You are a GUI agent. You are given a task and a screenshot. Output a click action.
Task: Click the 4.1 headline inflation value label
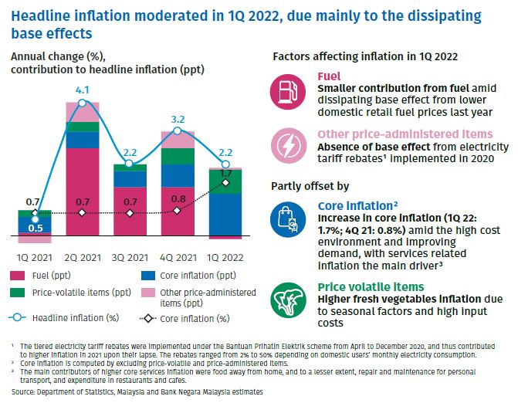click(x=83, y=90)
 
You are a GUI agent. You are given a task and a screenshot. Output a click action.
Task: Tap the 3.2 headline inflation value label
click(x=178, y=119)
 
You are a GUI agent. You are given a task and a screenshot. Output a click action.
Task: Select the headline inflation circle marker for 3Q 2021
click(x=129, y=164)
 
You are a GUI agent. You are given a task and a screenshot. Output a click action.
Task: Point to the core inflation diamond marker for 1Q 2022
click(x=225, y=183)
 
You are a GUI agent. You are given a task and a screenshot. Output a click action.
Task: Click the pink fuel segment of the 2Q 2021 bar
click(x=83, y=191)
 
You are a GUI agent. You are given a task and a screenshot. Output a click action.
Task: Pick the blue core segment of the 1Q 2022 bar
click(x=225, y=215)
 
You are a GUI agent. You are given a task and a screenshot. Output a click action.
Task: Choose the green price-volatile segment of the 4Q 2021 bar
click(x=178, y=156)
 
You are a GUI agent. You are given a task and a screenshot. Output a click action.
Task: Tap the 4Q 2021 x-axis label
click(x=178, y=258)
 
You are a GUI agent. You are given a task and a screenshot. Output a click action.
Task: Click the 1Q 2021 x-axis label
click(x=35, y=258)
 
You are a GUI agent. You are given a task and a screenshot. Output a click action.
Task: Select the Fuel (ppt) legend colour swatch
click(x=18, y=276)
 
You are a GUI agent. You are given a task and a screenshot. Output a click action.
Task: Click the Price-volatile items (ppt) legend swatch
click(x=18, y=293)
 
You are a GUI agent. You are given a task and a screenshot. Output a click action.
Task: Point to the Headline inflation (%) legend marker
click(x=17, y=318)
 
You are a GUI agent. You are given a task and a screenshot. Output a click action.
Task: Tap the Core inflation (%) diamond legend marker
click(x=147, y=319)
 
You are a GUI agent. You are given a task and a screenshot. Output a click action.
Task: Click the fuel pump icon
click(x=288, y=92)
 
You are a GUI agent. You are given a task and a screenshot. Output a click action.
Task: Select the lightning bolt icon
click(x=289, y=146)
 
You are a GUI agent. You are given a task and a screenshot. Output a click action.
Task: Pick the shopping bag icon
click(x=288, y=220)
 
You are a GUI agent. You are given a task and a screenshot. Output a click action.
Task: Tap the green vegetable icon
click(x=289, y=300)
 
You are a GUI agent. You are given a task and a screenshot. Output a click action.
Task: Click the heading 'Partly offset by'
click(x=310, y=186)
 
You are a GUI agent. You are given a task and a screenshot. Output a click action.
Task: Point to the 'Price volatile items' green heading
click(x=371, y=287)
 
